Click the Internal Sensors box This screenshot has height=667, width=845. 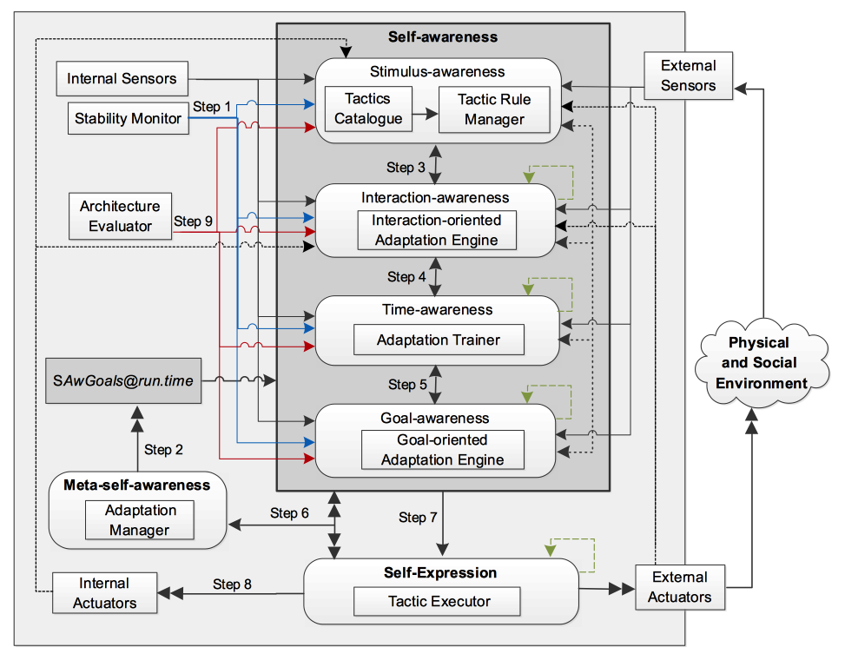122,79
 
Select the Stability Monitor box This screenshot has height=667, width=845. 128,118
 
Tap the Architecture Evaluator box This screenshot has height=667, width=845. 120,216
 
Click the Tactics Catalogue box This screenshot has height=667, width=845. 369,109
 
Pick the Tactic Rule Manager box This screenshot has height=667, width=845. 494,109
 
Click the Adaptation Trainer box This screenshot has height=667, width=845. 439,340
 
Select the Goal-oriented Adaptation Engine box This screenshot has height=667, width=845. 442,450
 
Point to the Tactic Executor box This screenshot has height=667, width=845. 439,601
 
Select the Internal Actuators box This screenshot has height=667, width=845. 103,592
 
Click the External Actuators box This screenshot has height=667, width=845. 680,586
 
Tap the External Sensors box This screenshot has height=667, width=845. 689,76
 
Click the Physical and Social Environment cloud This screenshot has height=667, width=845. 758,362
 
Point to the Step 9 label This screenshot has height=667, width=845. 193,221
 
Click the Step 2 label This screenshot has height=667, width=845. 163,450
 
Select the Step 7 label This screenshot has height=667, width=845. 418,517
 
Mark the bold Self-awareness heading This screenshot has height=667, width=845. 443,36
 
